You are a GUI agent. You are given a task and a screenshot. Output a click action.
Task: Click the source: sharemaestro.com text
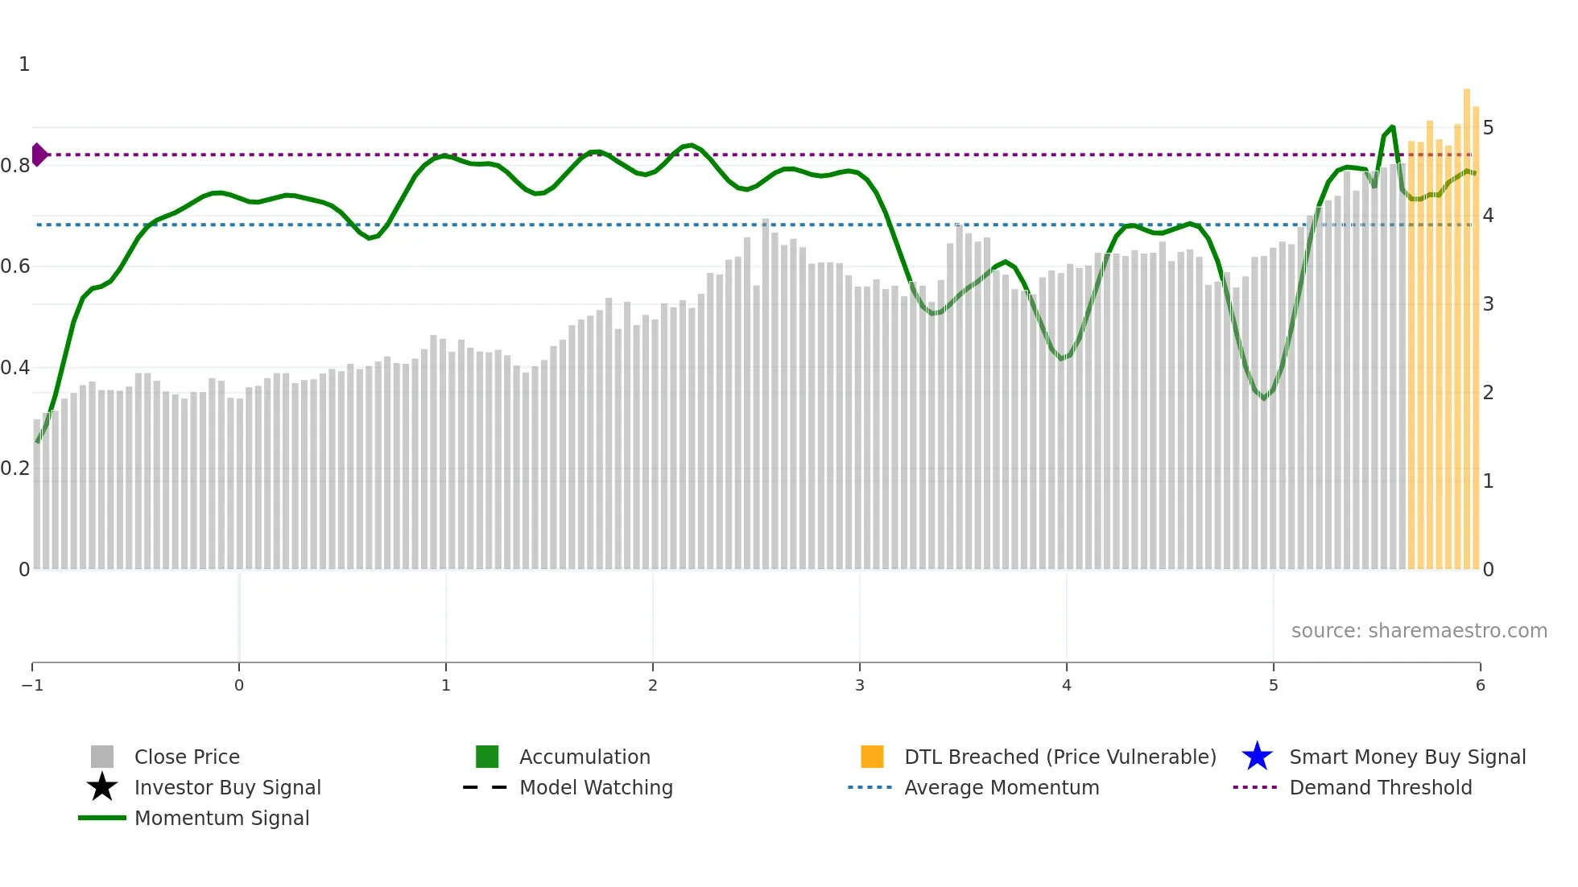point(1419,631)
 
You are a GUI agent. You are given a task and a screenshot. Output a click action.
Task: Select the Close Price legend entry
point(187,757)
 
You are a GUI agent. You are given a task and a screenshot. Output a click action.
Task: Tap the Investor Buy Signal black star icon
point(102,787)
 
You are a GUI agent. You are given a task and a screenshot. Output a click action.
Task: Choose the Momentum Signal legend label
point(221,819)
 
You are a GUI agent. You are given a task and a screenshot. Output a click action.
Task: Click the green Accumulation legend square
point(487,757)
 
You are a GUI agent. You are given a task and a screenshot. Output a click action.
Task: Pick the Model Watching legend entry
point(596,788)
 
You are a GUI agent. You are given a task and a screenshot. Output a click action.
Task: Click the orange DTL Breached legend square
point(872,757)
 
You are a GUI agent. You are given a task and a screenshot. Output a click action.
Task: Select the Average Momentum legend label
point(1002,788)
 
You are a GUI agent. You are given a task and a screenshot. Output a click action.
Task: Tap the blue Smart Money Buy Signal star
point(1257,757)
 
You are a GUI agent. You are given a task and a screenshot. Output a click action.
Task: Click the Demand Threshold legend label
point(1380,788)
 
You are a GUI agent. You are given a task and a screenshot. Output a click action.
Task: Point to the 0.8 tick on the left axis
point(15,166)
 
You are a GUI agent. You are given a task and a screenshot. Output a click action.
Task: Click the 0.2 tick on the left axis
point(15,468)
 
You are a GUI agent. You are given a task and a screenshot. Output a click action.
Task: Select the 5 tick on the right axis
point(1488,128)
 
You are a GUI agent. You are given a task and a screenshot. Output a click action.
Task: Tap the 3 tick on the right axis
point(1488,304)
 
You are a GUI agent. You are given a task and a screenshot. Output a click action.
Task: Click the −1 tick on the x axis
point(32,686)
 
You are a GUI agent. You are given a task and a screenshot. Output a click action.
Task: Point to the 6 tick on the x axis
point(1480,686)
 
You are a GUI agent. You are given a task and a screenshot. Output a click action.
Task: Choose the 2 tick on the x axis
point(653,686)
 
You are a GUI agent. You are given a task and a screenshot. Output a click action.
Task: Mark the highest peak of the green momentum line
point(1392,127)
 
